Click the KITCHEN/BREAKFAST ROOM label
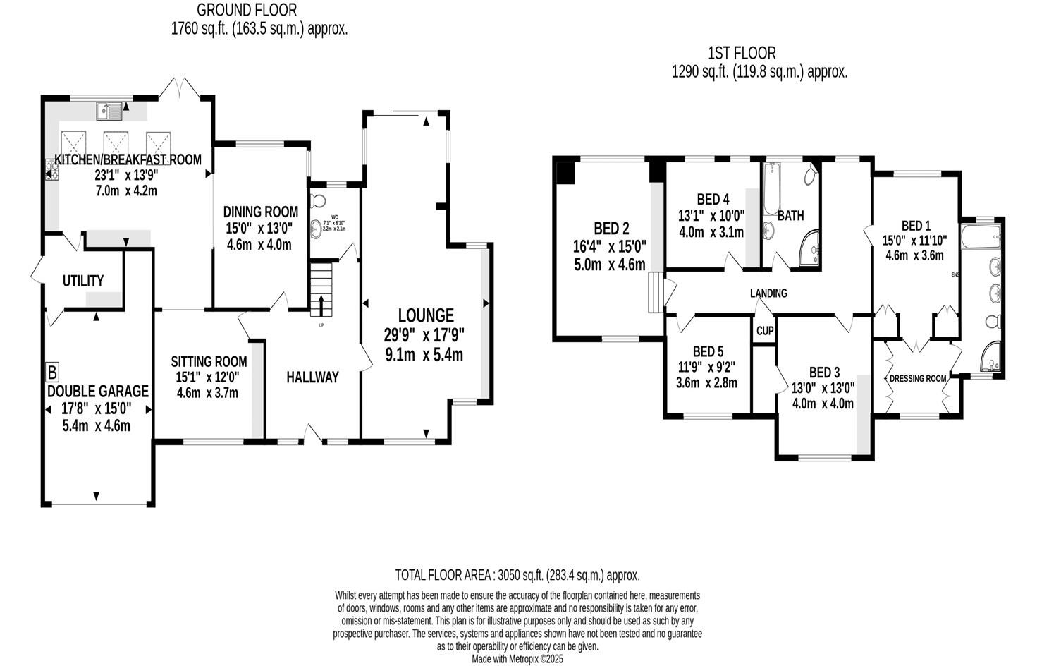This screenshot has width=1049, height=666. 128,159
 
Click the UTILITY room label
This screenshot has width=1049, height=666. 83,281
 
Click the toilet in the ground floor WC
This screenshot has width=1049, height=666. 317,200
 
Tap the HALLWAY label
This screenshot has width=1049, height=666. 312,377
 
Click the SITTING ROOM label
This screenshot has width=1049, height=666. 209,362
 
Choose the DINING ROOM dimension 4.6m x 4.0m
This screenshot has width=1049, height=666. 259,245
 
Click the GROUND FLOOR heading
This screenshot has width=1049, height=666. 247,10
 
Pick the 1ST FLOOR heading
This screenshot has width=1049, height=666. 742,53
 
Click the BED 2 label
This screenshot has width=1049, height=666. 611,228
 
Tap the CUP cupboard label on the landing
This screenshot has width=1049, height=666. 765,331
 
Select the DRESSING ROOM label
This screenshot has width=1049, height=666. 917,378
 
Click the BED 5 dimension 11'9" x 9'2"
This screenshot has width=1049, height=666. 708,367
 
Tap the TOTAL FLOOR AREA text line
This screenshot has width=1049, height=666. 517,575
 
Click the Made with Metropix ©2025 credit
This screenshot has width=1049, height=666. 517,660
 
